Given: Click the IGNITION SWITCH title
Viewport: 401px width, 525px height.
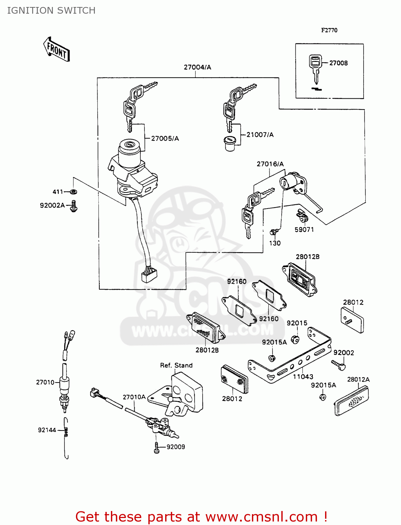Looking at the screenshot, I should click(51, 10).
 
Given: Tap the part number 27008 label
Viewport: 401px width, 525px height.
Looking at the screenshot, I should click(338, 63).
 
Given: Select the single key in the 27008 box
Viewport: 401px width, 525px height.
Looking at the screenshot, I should click(315, 68).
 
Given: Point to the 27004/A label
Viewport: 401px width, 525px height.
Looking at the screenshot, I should click(197, 67).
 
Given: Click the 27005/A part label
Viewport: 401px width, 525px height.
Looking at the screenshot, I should click(165, 139).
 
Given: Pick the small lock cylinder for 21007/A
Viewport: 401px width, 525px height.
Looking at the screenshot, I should click(230, 143).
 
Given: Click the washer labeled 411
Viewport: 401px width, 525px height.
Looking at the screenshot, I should click(73, 192).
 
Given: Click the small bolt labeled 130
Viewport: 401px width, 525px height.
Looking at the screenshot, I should click(273, 232).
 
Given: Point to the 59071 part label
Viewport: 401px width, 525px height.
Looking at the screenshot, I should click(304, 230).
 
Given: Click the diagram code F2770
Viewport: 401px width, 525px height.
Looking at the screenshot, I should click(329, 30).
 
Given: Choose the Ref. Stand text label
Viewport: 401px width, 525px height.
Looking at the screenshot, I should click(176, 365).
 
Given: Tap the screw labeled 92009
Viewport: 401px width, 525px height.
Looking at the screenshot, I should click(156, 448).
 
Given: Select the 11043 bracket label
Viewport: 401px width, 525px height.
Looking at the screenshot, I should click(303, 377).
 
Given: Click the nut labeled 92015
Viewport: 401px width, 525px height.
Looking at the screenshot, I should click(295, 339).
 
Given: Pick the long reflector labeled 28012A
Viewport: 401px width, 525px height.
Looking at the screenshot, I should click(352, 401).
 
